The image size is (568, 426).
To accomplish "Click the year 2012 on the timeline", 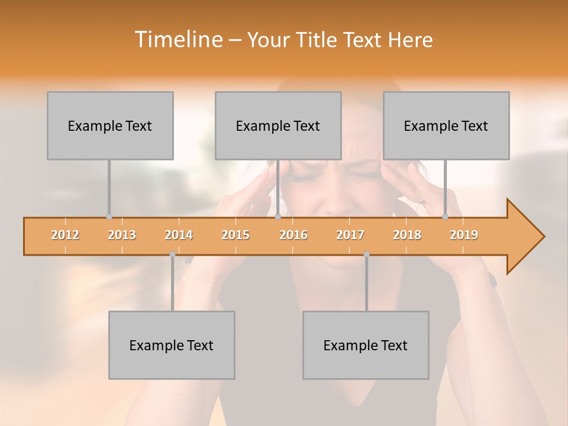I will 65,235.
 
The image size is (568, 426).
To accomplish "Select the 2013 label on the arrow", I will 122,235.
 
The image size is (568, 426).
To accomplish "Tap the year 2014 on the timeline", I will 179,235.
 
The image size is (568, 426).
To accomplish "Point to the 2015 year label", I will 235,235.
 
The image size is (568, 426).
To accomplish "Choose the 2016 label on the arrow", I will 293,235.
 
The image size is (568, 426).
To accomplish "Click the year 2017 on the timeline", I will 350,235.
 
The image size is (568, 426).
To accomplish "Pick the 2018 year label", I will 407,235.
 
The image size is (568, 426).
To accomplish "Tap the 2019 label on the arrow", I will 464,235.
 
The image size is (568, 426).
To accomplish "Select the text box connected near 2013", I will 110,125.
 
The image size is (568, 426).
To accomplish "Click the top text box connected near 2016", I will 278,125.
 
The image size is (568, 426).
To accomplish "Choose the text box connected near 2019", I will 446,125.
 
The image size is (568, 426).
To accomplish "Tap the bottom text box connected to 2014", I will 172,345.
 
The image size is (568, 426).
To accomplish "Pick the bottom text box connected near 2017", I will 366,345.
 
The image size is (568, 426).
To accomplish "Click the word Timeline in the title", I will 178,40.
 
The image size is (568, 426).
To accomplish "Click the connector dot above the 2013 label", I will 109,217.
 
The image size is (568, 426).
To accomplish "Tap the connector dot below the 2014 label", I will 172,254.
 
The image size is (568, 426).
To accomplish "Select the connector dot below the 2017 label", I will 366,254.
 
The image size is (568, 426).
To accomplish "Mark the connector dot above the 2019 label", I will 445,217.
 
